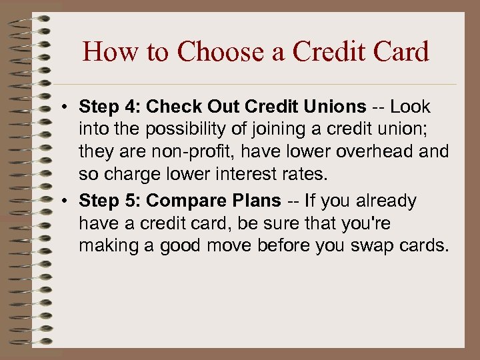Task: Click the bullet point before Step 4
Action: tap(69, 107)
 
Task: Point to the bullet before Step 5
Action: tap(69, 201)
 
